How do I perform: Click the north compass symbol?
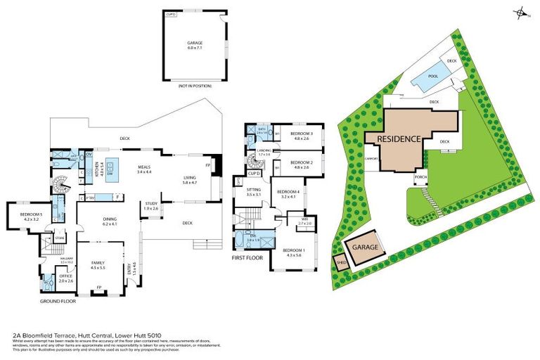[x=520, y=12]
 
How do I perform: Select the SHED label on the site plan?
[x=341, y=264]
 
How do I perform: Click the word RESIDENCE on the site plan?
[x=399, y=139]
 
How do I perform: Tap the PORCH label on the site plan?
[x=421, y=177]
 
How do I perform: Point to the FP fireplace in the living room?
[x=208, y=165]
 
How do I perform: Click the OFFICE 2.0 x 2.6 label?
[x=66, y=278]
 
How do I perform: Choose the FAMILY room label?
[x=98, y=265]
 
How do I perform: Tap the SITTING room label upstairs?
[x=253, y=191]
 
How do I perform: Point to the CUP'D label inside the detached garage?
[x=169, y=14]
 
